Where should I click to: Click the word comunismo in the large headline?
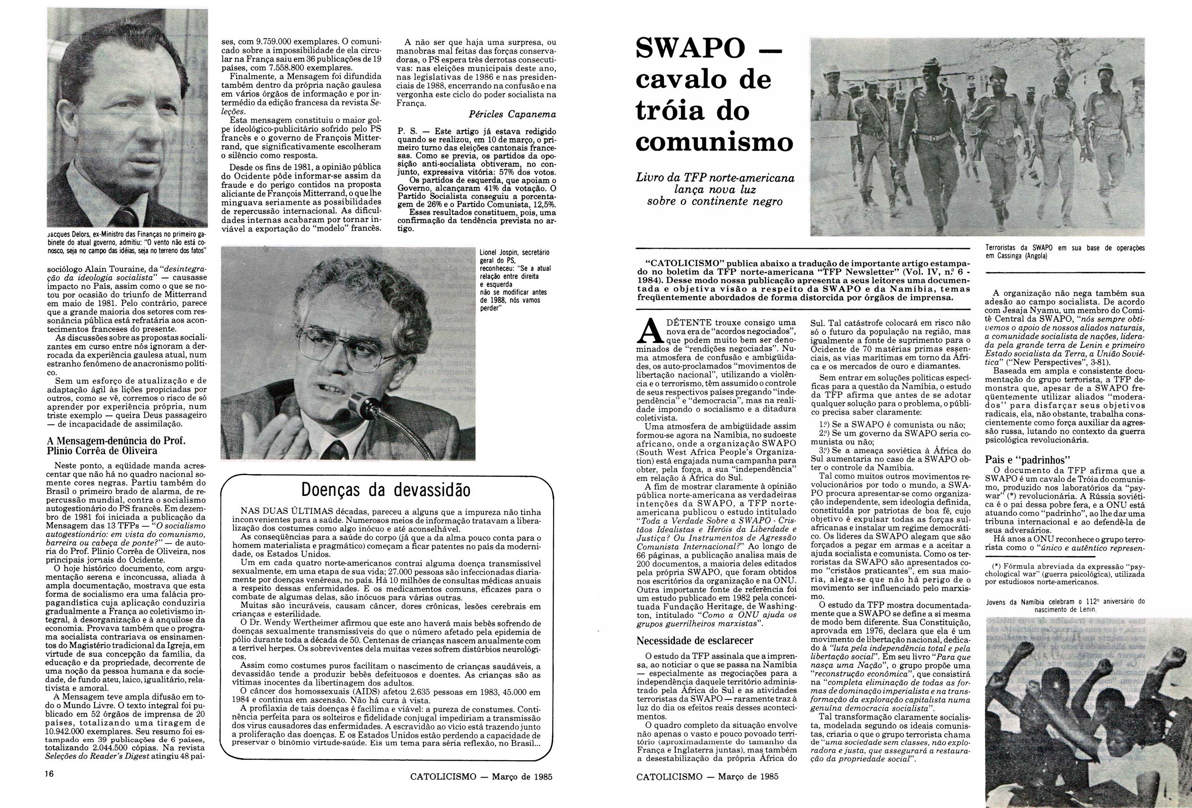[x=714, y=141]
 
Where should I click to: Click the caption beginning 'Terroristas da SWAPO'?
[x=1065, y=251]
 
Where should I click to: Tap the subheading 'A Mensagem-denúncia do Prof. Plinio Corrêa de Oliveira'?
[x=116, y=446]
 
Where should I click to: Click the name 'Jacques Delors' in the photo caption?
[x=69, y=234]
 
